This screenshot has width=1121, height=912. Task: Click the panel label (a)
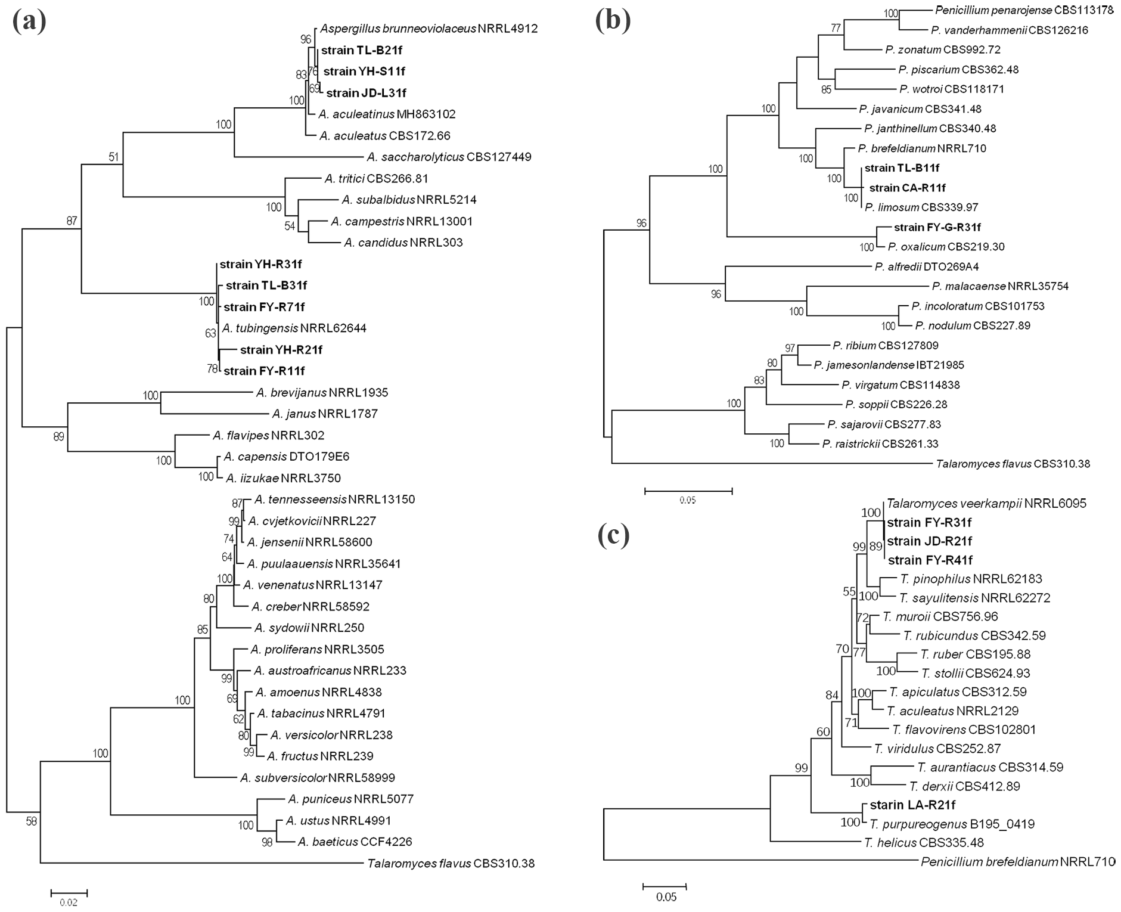[x=29, y=22]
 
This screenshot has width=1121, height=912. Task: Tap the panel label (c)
[x=613, y=535]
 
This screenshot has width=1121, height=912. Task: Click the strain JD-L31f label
[x=366, y=93]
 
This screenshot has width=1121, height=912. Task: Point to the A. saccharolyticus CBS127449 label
[x=449, y=157]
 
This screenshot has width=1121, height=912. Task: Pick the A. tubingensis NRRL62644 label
[x=294, y=328]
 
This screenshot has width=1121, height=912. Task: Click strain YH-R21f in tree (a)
[x=281, y=350]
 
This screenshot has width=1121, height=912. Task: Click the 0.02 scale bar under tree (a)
[x=69, y=893]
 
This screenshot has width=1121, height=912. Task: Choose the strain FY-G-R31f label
[x=937, y=227]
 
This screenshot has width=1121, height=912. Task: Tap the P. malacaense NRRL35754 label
[x=1000, y=286]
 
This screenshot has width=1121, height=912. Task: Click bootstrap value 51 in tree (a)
[x=114, y=157]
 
